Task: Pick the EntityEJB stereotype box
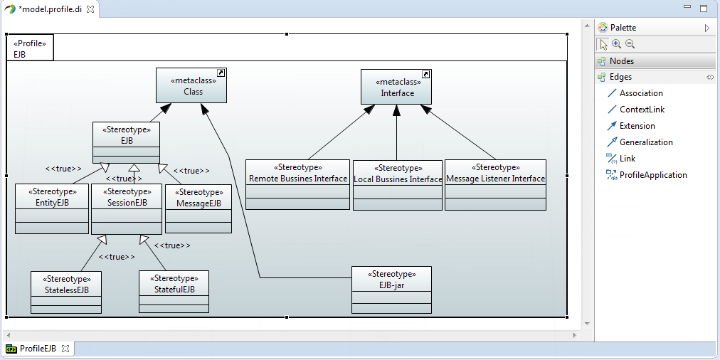[x=51, y=203]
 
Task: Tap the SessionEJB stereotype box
[x=126, y=203]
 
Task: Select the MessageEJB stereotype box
[x=198, y=203]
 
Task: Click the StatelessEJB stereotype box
[x=65, y=290]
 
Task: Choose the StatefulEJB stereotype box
[x=174, y=290]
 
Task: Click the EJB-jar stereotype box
[x=391, y=285]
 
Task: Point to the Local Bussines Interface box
[x=397, y=179]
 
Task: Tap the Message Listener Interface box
[x=495, y=179]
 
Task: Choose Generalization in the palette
[x=645, y=142]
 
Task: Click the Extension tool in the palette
[x=637, y=126]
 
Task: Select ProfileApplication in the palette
[x=652, y=175]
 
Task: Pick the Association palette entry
[x=640, y=93]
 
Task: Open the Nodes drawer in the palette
[x=621, y=61]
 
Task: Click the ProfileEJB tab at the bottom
[x=37, y=349]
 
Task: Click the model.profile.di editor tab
[x=50, y=9]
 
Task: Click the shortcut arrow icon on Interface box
[x=426, y=74]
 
